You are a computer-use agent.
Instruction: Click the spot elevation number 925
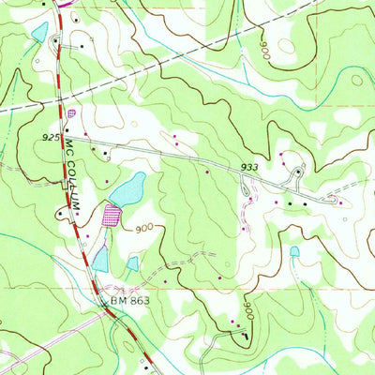tap(51, 138)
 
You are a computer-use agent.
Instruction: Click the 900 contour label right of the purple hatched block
tap(144, 228)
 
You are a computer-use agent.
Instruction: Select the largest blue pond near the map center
tap(127, 189)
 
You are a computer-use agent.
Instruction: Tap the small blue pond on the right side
tap(294, 251)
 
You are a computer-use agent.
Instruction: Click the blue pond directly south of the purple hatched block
tap(99, 258)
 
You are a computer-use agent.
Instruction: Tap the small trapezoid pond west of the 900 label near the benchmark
tap(133, 263)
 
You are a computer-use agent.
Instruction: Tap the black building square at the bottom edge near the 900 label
tap(247, 336)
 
